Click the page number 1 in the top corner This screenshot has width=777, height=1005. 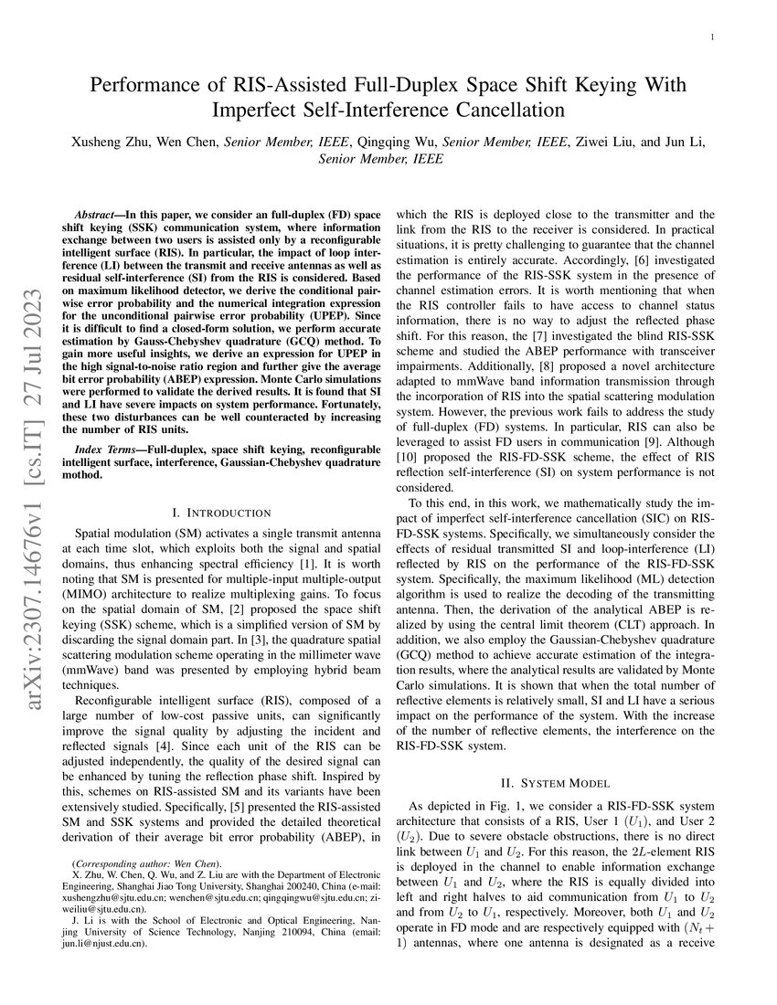pyautogui.click(x=712, y=37)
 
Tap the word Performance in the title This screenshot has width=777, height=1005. pyautogui.click(x=143, y=86)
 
